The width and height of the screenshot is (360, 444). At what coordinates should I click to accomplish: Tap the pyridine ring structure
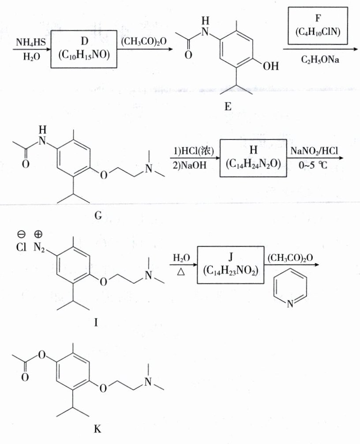(289, 290)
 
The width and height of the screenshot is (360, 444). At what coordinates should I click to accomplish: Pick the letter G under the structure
(98, 216)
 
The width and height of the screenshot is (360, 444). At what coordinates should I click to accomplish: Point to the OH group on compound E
(270, 67)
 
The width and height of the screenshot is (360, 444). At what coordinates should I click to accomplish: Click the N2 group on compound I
(40, 248)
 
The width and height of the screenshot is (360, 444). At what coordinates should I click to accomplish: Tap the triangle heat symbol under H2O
(180, 273)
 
